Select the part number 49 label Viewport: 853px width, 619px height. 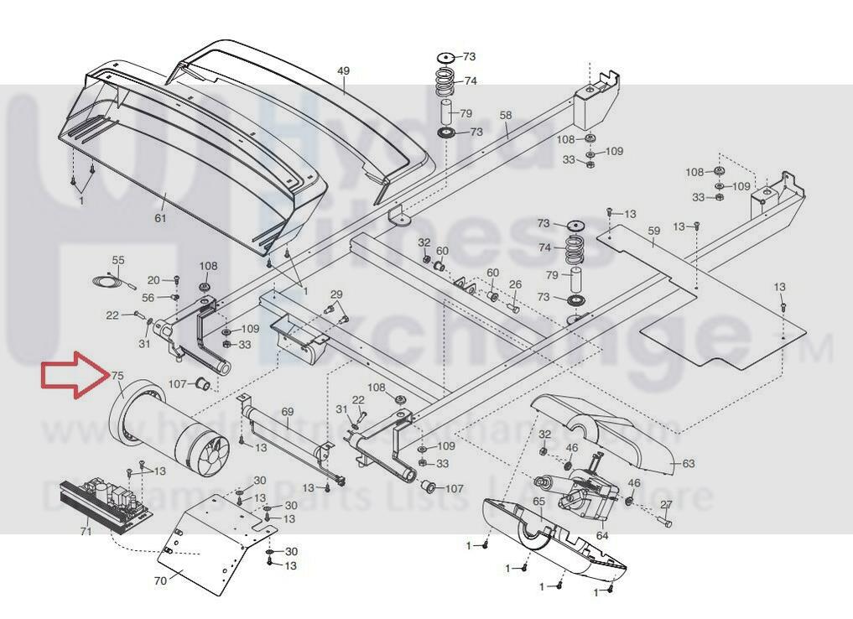click(x=343, y=71)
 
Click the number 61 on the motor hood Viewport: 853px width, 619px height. click(x=160, y=219)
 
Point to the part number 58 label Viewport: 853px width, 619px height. click(x=505, y=115)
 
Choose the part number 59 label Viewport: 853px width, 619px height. click(x=654, y=231)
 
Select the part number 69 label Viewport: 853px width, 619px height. click(x=288, y=412)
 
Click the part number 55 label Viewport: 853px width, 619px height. click(x=118, y=261)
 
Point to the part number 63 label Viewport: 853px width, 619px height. click(x=689, y=463)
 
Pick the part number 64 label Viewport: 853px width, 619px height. click(x=602, y=534)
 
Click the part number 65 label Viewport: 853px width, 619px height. click(x=538, y=501)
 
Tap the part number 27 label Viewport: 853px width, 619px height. click(x=667, y=504)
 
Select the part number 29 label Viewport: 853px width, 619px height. click(x=336, y=294)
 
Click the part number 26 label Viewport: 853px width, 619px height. click(x=515, y=285)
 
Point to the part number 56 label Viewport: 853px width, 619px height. click(x=148, y=298)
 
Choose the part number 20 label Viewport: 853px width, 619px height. click(x=153, y=280)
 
